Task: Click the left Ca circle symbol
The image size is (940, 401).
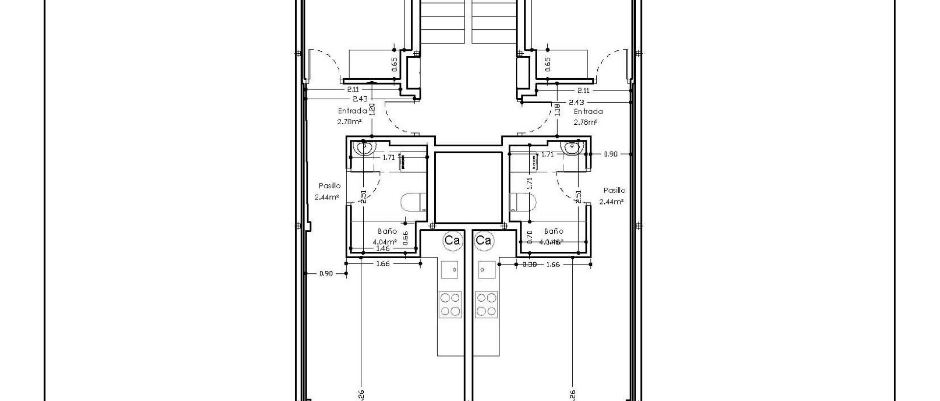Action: coord(452,240)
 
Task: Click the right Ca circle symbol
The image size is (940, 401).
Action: coord(483,240)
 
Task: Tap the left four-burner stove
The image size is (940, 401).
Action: coord(450,304)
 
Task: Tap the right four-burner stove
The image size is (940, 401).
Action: coord(487,304)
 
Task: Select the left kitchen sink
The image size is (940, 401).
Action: coord(450,269)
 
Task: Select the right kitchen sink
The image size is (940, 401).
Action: coord(487,269)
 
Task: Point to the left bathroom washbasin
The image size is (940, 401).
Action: coord(364,147)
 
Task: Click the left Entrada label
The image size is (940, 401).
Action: coord(352,111)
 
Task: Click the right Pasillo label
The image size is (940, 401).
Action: coord(614,190)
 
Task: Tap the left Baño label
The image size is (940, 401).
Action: coord(387,231)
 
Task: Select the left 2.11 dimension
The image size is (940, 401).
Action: coord(352,89)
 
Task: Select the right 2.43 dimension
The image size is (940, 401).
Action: coord(576,102)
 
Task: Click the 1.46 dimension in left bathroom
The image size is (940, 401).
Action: coord(382,248)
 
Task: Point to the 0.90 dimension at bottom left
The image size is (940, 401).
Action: coord(326,274)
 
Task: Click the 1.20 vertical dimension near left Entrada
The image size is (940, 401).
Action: coord(372,109)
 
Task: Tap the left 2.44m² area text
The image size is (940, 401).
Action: coord(327,198)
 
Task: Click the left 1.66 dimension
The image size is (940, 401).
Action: coord(382,264)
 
